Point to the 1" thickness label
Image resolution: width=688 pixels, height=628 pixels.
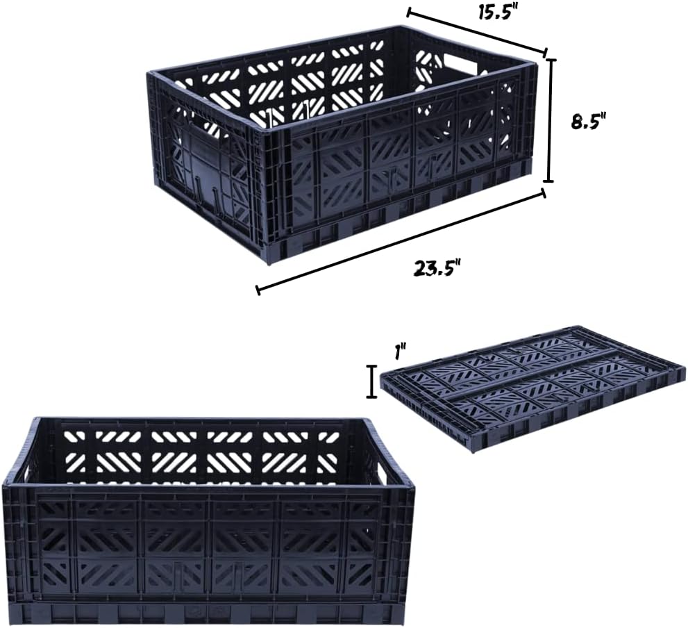(x=400, y=352)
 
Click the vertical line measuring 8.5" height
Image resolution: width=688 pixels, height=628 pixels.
(x=550, y=120)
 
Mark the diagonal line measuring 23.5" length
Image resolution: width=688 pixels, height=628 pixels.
(x=401, y=241)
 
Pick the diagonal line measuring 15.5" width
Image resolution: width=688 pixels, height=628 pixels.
(x=477, y=32)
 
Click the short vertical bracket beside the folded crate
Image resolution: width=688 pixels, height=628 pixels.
(x=372, y=381)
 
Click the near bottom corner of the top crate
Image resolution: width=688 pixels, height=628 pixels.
(x=269, y=263)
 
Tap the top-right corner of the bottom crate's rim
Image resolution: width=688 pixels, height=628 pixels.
(x=413, y=486)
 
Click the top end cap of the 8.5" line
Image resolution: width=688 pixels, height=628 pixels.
(x=551, y=59)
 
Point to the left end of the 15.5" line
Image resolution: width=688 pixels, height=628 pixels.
(x=408, y=13)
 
